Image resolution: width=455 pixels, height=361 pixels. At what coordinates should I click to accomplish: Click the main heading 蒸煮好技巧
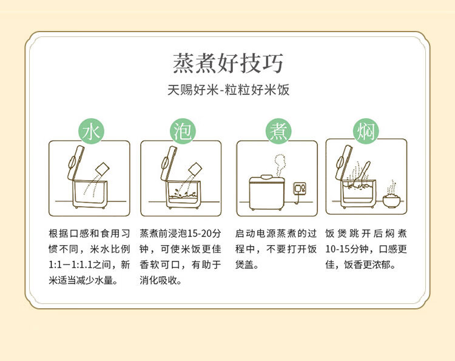[227, 63]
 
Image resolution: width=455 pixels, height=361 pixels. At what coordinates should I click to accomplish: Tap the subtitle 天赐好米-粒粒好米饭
[228, 90]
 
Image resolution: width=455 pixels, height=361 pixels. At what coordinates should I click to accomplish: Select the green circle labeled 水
[91, 131]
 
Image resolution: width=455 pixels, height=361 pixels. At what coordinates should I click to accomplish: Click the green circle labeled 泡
[183, 131]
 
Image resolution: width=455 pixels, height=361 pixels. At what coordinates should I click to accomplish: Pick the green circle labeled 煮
[278, 131]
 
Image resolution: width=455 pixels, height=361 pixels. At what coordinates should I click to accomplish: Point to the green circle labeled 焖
[366, 131]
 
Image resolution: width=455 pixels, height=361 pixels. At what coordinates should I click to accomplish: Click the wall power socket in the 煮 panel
[300, 189]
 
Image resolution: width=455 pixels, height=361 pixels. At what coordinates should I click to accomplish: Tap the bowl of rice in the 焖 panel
[391, 201]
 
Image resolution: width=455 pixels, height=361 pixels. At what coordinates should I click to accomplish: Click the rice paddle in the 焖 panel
[362, 173]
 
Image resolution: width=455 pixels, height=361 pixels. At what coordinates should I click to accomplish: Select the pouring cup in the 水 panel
[103, 169]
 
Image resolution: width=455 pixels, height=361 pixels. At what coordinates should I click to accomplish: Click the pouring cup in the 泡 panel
[195, 169]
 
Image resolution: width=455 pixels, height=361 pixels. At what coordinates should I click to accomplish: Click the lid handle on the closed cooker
[267, 177]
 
